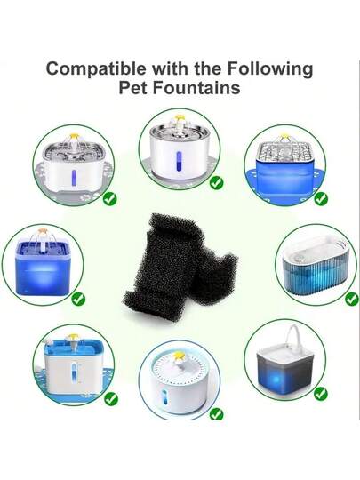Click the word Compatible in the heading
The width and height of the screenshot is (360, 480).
tap(96, 69)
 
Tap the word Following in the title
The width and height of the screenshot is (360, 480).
tap(270, 69)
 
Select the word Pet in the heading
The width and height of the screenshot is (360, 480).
tap(133, 87)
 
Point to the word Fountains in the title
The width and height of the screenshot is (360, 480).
tap(196, 87)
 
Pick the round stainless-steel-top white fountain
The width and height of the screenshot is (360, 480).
tap(180, 150)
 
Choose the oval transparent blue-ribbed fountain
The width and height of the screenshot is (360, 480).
tap(315, 264)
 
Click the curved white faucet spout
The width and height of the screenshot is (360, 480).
tap(295, 336)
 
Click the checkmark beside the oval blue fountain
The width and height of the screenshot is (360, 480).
tap(352, 299)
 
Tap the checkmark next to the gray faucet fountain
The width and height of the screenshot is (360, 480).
tap(321, 394)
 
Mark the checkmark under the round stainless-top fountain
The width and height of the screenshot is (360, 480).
tap(216, 183)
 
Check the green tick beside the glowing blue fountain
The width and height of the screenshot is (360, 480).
tap(78, 299)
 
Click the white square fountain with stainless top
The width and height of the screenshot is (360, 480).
tap(74, 164)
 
